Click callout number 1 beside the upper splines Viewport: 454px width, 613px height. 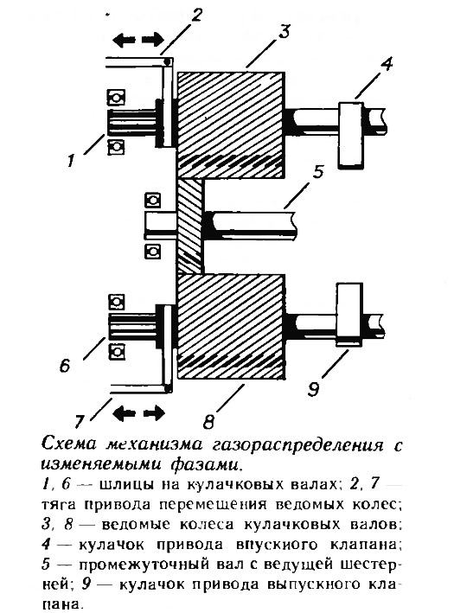point(71,160)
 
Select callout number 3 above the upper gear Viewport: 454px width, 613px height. point(284,32)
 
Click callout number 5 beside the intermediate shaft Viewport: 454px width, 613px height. point(318,172)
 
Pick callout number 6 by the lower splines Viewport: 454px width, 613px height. point(65,366)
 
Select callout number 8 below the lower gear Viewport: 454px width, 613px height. point(208,421)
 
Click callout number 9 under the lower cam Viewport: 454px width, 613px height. point(313,389)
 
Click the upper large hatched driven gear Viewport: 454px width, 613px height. point(231,125)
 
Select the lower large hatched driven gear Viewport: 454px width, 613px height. point(231,327)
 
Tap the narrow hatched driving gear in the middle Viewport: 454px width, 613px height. point(190,227)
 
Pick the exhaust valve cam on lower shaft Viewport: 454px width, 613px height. point(349,315)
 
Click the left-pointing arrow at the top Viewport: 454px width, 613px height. point(124,40)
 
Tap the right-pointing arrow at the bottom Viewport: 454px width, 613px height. point(154,412)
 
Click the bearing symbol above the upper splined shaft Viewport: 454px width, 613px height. point(116,98)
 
